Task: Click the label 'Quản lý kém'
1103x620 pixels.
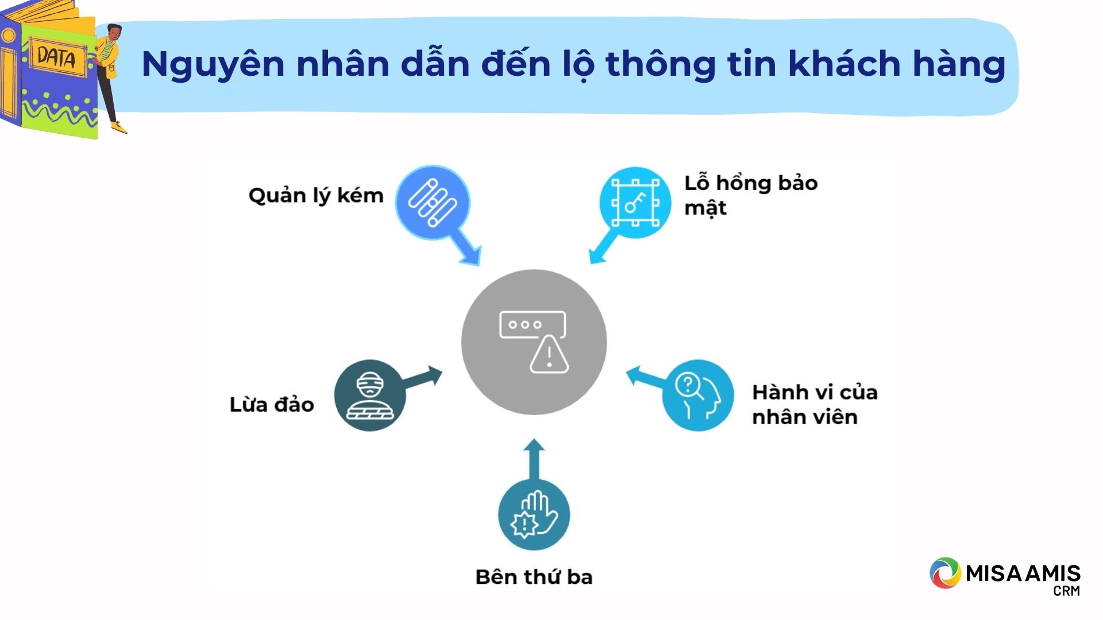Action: pos(315,196)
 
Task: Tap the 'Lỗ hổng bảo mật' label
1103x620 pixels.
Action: pos(751,195)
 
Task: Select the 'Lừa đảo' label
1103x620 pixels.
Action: pos(272,405)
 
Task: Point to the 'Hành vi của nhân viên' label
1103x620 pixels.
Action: pos(815,405)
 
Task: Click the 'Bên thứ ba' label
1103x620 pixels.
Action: pos(534,577)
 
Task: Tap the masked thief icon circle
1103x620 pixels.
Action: pos(370,396)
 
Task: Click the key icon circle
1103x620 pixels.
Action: pos(635,203)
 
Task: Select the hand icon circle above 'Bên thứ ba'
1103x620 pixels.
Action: pos(534,515)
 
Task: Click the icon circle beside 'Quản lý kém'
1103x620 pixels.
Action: pos(433,203)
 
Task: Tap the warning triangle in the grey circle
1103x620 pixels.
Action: pos(549,355)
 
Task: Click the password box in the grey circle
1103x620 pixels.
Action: pos(533,325)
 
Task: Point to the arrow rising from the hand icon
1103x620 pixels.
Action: pos(534,459)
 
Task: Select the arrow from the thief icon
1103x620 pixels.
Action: pos(423,379)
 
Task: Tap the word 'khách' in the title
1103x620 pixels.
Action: pos(844,63)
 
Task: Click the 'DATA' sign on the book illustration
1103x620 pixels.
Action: pos(56,57)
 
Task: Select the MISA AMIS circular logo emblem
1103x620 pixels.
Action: pos(945,573)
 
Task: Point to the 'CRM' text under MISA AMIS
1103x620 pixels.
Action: pos(1067,591)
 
